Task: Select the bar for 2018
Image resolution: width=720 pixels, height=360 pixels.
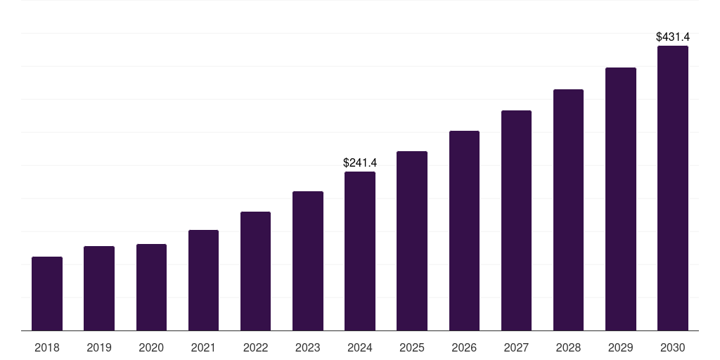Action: (x=47, y=294)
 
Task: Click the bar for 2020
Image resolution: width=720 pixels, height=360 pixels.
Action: (x=151, y=288)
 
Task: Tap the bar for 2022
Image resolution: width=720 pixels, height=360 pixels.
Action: (x=255, y=271)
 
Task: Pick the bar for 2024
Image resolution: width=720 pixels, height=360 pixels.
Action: (x=360, y=251)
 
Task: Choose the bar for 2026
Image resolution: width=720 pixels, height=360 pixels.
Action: (x=464, y=231)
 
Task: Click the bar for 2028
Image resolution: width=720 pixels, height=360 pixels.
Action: (x=568, y=210)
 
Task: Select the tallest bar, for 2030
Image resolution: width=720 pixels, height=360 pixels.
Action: (x=673, y=188)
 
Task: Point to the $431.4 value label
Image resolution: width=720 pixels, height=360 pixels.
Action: (x=673, y=36)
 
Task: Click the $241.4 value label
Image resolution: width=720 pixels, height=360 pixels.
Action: (x=360, y=162)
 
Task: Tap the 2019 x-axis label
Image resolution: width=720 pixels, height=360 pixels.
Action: (x=99, y=347)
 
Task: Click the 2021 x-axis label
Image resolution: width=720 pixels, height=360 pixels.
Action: (x=203, y=347)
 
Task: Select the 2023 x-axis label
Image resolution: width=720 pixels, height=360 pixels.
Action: (x=308, y=347)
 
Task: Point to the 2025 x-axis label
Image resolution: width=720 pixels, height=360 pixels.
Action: (x=412, y=347)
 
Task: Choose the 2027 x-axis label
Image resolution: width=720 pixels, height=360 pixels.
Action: (x=516, y=347)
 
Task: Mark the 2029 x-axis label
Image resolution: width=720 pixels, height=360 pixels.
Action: (x=621, y=347)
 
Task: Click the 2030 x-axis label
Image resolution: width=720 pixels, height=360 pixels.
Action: (x=673, y=347)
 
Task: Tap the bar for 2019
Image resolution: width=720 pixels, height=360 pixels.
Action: (x=99, y=288)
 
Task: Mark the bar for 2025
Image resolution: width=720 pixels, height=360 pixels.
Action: (x=412, y=241)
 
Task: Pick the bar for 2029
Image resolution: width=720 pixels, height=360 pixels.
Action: (x=621, y=199)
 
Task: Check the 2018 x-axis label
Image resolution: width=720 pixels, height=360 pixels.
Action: (x=47, y=347)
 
